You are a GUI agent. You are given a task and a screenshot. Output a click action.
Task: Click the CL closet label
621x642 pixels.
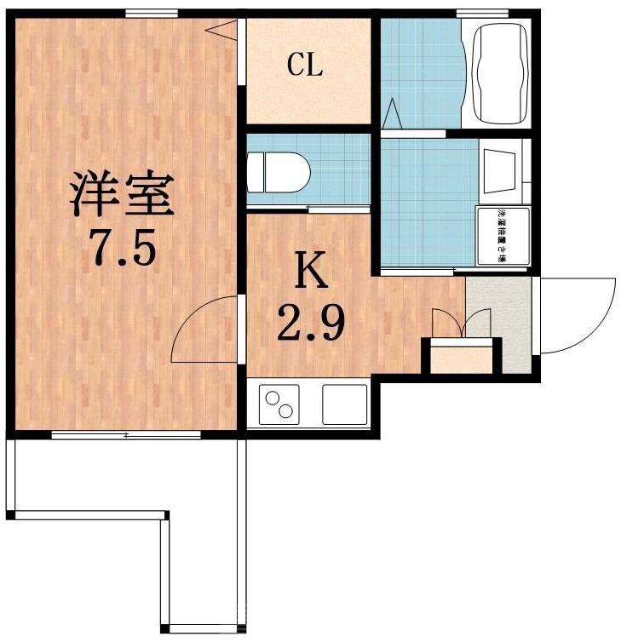[304, 66]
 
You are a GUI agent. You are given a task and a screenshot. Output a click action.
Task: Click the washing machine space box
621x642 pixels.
[501, 239]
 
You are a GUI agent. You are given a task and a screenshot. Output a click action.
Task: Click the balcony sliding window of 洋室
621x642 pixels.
[125, 435]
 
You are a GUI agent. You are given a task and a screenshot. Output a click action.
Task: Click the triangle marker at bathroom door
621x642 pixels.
[392, 112]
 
